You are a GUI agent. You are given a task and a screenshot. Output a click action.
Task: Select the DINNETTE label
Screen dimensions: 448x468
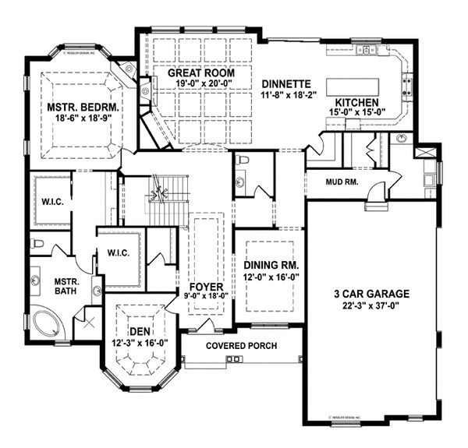click(x=286, y=83)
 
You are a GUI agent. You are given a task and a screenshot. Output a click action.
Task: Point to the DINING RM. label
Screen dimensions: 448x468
click(x=272, y=265)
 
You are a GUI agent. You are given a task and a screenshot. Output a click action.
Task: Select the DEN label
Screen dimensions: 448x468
click(x=140, y=331)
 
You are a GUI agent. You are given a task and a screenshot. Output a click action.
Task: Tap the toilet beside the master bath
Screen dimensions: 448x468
click(x=36, y=243)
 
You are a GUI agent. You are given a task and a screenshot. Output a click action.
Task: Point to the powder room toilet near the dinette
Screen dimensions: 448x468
click(x=243, y=161)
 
